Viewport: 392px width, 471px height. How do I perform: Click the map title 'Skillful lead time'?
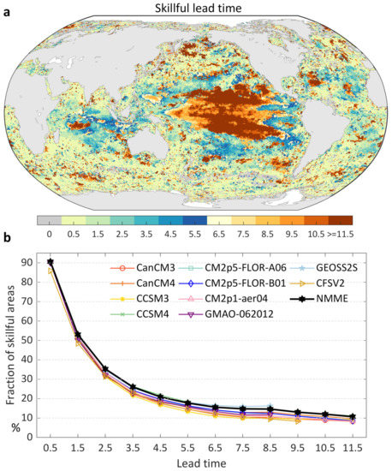[196, 8]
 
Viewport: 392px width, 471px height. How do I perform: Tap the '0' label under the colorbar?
[50, 231]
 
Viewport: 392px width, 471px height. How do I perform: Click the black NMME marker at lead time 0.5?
[51, 262]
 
